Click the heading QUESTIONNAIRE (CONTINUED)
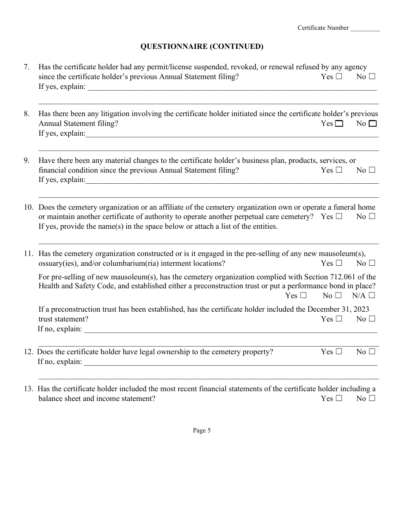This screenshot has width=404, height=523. [x=202, y=47]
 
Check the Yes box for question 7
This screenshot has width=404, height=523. [x=339, y=77]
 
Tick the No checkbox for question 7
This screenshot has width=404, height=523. [x=372, y=77]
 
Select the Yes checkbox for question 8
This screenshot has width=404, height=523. [x=339, y=124]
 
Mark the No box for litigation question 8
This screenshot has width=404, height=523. [x=373, y=124]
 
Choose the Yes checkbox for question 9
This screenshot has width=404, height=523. [x=339, y=170]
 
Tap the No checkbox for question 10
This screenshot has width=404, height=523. [x=372, y=216]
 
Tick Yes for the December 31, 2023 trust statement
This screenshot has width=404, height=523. [x=339, y=319]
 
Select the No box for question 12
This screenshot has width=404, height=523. [x=372, y=352]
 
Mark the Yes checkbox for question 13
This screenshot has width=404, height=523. [x=339, y=398]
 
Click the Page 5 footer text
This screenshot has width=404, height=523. [x=202, y=430]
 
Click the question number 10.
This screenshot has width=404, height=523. [x=28, y=207]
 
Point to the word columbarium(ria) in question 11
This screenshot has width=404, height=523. [x=129, y=263]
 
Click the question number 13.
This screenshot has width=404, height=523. [x=28, y=389]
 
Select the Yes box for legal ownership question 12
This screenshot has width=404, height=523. [x=339, y=352]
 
